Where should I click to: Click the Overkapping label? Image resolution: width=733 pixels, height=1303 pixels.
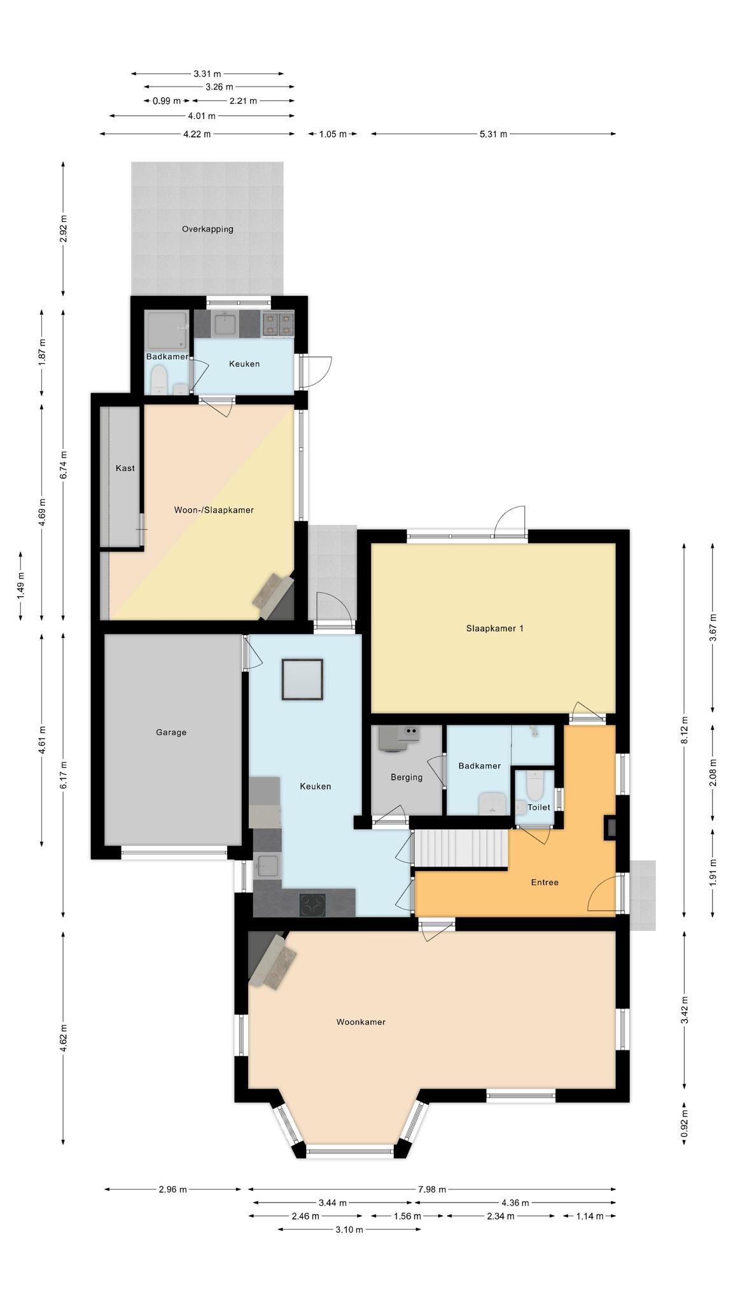point(207,229)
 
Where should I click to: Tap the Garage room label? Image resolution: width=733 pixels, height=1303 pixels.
point(171,732)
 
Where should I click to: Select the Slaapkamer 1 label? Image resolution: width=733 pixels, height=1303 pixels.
point(494,629)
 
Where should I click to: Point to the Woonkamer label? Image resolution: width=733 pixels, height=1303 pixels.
point(361,1022)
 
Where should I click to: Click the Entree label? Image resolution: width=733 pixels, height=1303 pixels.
point(545,882)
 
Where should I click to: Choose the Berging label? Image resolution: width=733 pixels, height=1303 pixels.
point(407,777)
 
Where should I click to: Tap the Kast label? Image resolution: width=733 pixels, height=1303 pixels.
point(125,468)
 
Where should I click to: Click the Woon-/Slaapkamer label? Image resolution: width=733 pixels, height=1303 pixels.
point(214,510)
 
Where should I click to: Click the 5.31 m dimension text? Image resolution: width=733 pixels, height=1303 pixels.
point(493,134)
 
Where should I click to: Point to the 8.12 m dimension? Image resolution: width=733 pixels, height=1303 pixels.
point(684,729)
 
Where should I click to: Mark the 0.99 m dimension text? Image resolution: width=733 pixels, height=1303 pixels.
point(167,101)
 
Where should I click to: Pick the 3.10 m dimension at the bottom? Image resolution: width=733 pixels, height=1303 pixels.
point(349,1229)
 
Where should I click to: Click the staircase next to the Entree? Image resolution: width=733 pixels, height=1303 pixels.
point(461,848)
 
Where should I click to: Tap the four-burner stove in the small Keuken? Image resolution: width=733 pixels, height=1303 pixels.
point(279,324)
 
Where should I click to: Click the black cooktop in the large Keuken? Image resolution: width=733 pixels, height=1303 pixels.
point(312,905)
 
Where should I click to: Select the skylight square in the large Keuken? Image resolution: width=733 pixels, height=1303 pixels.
point(302,679)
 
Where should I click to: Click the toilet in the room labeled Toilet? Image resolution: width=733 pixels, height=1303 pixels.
point(534,786)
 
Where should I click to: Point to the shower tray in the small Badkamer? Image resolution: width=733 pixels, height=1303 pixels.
point(167,331)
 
